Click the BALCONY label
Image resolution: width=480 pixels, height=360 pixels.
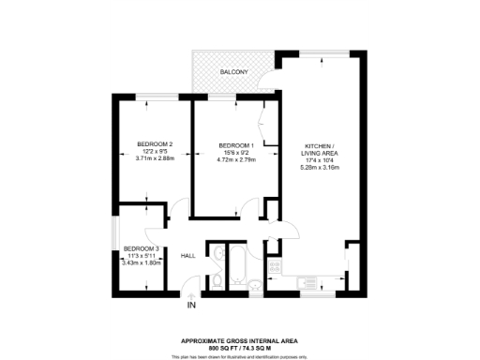coord(234,72)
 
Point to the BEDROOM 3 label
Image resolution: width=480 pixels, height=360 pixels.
coord(142,248)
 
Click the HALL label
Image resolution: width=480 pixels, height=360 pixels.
coord(187,255)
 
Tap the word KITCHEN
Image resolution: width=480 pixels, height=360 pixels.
coord(318,145)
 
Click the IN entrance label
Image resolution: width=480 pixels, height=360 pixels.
coord(191,306)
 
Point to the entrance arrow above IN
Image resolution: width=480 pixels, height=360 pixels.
coord(192,294)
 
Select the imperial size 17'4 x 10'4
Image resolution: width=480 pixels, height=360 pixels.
coord(318,159)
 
